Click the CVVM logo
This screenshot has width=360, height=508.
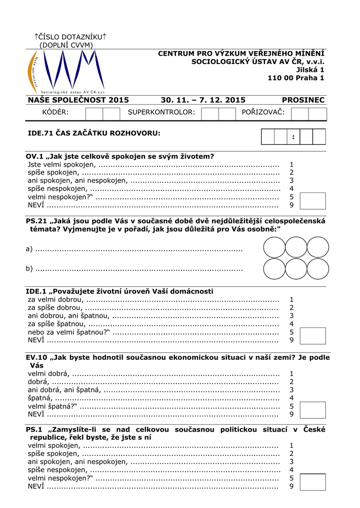65,72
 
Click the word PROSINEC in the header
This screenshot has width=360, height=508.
303,100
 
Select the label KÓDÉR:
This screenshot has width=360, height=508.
56,113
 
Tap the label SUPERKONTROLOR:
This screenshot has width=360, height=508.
161,113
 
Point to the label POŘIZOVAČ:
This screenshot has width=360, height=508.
263,113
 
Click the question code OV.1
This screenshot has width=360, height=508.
35,156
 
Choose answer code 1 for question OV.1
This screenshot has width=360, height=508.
291,164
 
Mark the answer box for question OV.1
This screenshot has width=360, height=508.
313,201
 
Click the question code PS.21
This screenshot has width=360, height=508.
37,221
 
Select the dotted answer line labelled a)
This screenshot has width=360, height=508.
139,249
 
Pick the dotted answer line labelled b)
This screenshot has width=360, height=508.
139,269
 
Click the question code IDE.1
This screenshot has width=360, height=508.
36,291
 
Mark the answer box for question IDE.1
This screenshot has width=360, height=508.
313,336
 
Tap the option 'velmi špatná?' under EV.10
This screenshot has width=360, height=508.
52,406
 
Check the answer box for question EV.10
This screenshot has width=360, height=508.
313,410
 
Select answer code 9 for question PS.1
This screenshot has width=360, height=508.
291,486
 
